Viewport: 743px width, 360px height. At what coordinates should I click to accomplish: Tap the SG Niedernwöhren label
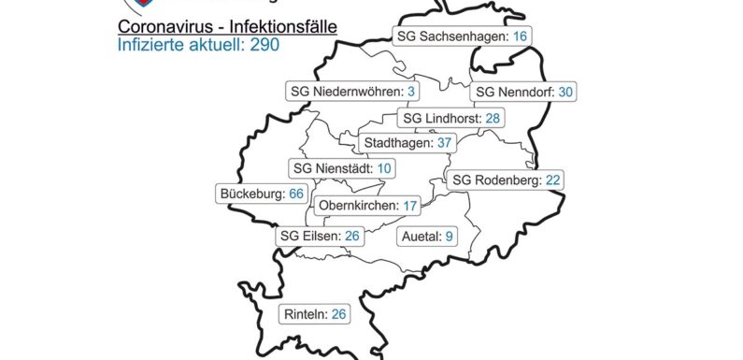352,91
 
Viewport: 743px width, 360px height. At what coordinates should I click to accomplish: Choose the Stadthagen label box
407,143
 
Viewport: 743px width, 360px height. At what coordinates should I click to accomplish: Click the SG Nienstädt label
330,167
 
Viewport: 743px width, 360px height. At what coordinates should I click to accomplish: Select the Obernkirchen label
367,206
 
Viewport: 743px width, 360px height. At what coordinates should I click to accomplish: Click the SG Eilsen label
320,236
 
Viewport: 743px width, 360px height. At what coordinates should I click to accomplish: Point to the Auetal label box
426,236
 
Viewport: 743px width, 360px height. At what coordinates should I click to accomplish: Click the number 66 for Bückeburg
297,194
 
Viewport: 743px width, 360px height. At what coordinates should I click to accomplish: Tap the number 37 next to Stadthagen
445,143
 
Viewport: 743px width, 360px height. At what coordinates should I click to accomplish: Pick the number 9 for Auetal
449,236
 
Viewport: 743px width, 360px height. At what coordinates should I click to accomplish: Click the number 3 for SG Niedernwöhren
411,91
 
